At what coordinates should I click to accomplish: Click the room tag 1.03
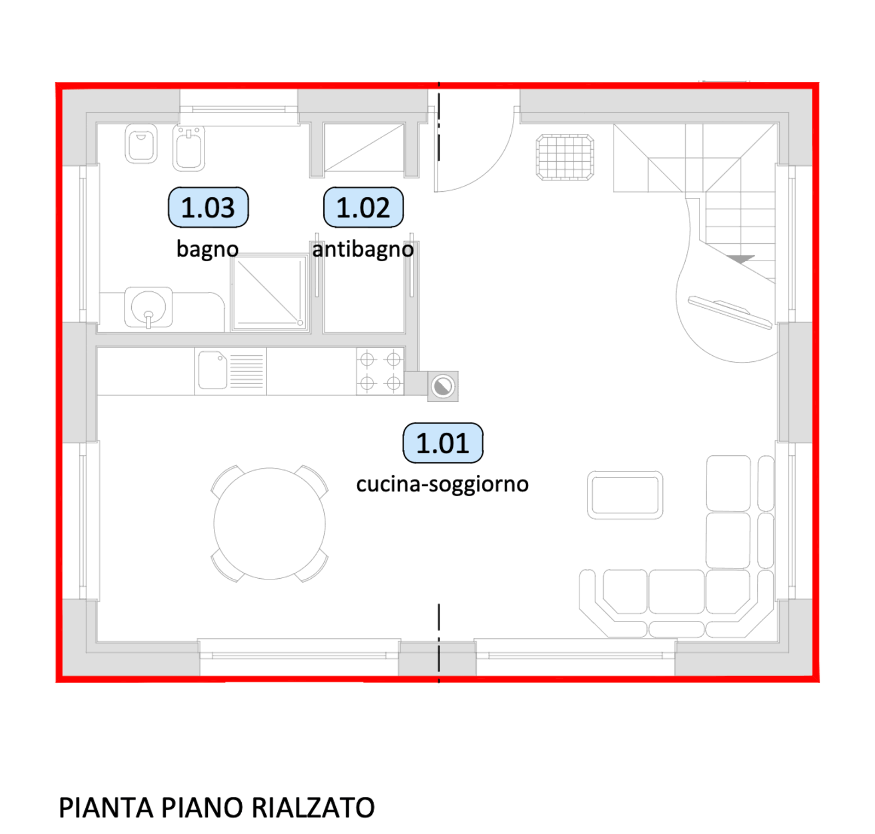(208, 207)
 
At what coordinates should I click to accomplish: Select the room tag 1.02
(364, 207)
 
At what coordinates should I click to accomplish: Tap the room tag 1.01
(443, 443)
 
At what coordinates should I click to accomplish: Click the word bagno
(208, 249)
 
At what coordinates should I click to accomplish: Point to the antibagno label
(363, 249)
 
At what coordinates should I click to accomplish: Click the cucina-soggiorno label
(442, 484)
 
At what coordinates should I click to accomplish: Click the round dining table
(270, 524)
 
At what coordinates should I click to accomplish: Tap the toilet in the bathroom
(141, 144)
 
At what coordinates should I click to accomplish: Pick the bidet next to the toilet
(189, 148)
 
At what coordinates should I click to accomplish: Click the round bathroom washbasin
(148, 307)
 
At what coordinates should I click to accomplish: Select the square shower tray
(269, 292)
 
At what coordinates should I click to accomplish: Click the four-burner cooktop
(381, 371)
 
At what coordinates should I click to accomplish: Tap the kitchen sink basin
(213, 369)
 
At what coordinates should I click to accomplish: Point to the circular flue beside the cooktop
(443, 386)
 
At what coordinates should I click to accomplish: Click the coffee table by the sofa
(625, 495)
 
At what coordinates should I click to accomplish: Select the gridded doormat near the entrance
(565, 157)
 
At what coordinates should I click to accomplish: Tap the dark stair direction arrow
(740, 259)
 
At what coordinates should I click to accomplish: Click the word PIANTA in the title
(106, 807)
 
